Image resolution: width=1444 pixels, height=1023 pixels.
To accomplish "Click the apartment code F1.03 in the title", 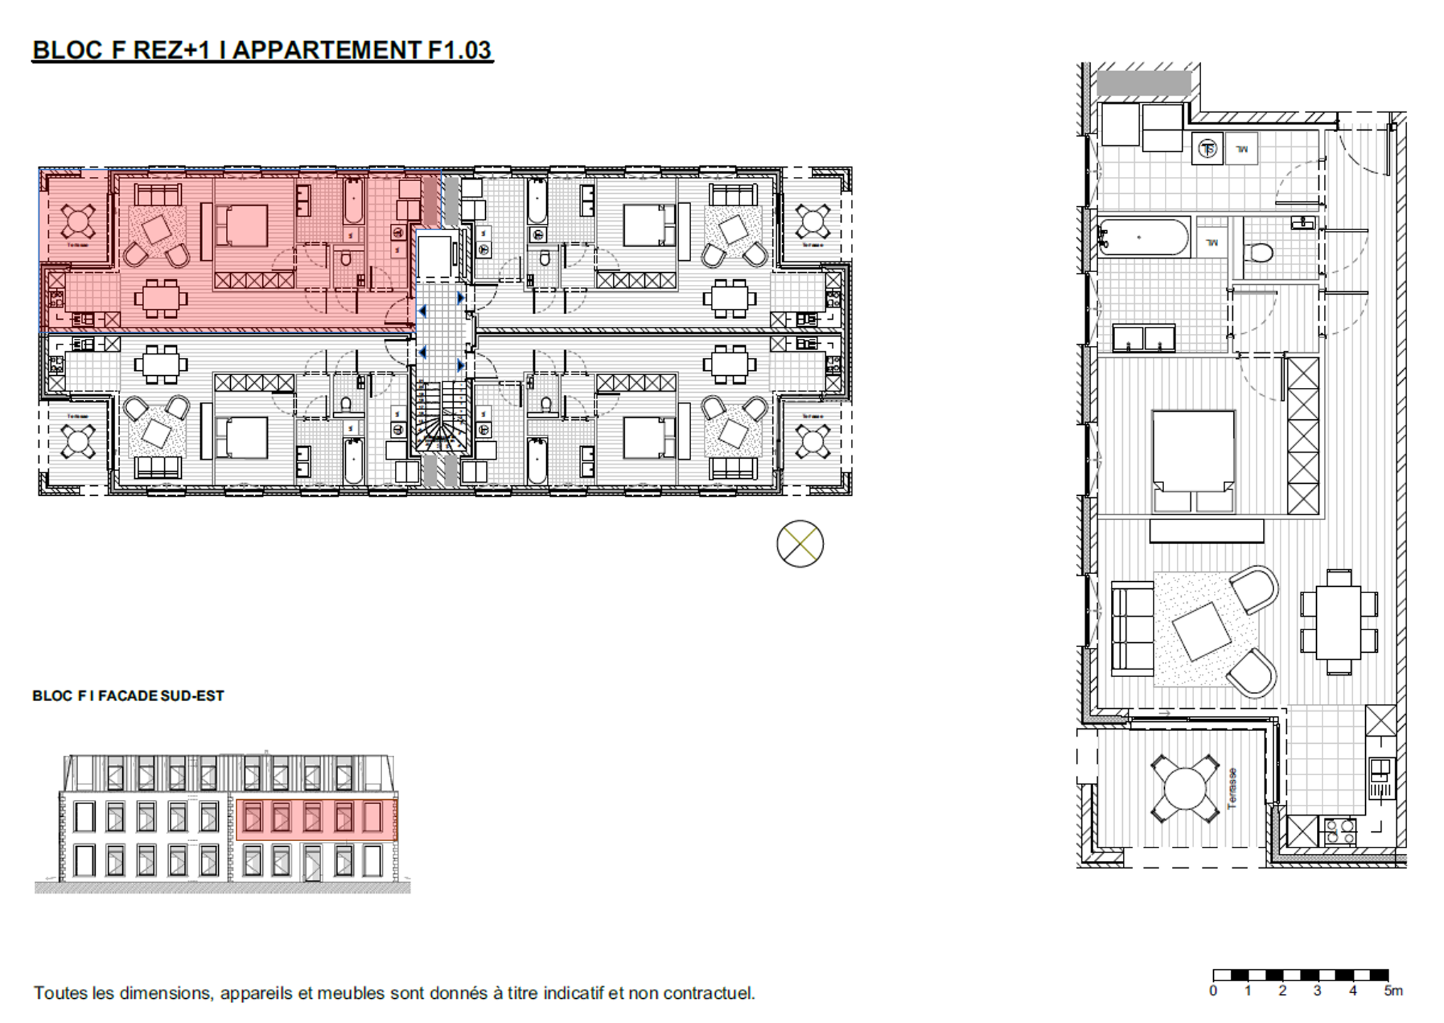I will click(460, 50).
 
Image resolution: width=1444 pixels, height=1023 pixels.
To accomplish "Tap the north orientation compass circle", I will click(800, 543).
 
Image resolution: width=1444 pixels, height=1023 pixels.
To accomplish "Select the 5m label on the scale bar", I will click(1393, 991).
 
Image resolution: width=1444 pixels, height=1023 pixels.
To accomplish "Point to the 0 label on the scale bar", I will click(1213, 991).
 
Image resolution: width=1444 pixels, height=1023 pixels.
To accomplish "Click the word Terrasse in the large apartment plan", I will click(1232, 788).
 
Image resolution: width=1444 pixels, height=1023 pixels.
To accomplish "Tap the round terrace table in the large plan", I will click(1185, 789).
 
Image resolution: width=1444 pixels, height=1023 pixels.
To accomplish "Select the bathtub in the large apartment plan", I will click(1143, 237).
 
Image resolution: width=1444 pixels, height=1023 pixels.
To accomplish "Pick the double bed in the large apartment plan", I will click(1193, 460).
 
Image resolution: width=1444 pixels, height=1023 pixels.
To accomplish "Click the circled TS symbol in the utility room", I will click(1207, 149).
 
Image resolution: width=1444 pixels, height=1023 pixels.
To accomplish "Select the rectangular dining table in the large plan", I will click(1339, 622).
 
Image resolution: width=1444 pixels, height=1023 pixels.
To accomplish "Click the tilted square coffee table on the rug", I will click(1202, 631).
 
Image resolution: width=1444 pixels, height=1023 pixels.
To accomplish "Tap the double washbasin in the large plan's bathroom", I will click(1144, 338).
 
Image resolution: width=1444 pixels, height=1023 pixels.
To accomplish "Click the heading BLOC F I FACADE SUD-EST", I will click(128, 696).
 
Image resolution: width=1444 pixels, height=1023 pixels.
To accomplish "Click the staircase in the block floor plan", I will click(442, 418).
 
